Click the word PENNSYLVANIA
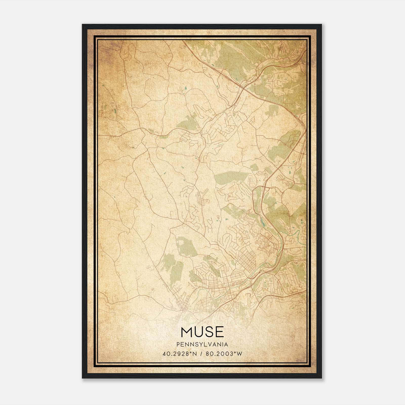tap(202, 344)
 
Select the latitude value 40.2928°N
tap(180, 354)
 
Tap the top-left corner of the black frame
tap(83, 25)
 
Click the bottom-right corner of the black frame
tap(321, 378)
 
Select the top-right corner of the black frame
tap(321, 25)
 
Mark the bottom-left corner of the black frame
tap(83, 378)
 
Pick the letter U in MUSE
tap(199, 332)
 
